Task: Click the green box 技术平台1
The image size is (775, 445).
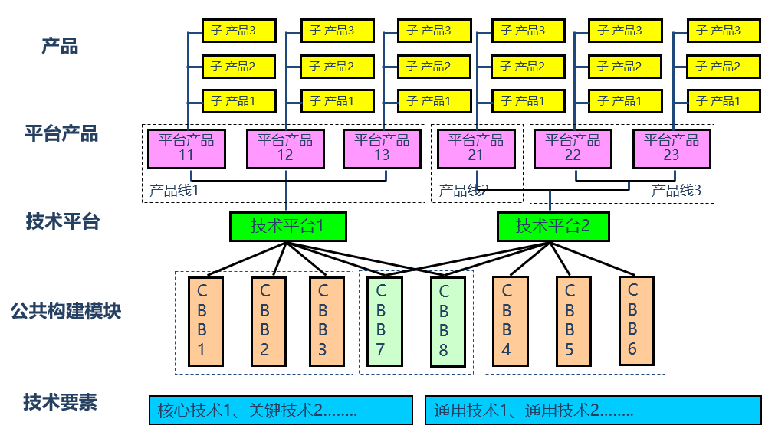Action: [287, 226]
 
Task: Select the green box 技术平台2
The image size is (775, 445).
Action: [552, 226]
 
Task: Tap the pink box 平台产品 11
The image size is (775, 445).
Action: [186, 148]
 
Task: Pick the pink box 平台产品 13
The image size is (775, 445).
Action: [382, 148]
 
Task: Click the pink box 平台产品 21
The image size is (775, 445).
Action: [475, 148]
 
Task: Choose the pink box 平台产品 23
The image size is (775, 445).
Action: [672, 148]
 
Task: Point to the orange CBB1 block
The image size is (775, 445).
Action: [205, 321]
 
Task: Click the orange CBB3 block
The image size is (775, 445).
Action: [323, 321]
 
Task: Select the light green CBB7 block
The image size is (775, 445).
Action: [381, 321]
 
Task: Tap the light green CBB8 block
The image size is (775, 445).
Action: [447, 321]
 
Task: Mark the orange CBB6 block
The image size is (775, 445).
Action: [635, 321]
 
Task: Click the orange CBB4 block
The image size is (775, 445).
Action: [507, 321]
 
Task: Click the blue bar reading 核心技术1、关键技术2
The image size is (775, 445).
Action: [281, 410]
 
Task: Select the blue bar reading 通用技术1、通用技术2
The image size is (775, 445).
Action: [593, 410]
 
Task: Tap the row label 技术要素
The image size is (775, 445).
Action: [60, 402]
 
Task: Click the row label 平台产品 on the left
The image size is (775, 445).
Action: [61, 134]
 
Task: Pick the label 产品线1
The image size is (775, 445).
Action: [173, 190]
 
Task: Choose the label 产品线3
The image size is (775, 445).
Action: [676, 190]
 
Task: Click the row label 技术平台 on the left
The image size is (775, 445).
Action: [62, 222]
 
